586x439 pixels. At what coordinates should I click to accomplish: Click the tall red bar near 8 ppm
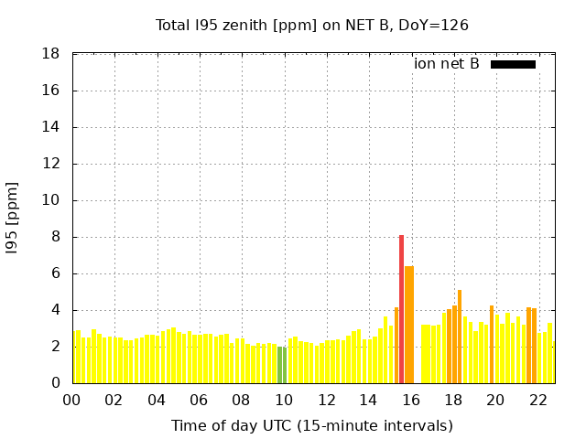click(x=401, y=309)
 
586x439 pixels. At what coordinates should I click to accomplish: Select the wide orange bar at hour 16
click(x=409, y=325)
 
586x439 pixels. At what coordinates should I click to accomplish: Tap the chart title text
click(x=311, y=26)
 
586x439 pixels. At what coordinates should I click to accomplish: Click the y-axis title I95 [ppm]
click(x=12, y=219)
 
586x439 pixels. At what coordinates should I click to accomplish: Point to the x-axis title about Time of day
click(x=312, y=425)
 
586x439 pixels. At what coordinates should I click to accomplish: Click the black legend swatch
click(x=513, y=65)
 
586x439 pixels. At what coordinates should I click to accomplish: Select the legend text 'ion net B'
click(x=446, y=64)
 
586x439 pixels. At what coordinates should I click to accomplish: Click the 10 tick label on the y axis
click(x=51, y=200)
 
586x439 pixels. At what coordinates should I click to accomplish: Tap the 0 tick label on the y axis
click(x=56, y=382)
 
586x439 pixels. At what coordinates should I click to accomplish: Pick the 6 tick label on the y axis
click(x=56, y=273)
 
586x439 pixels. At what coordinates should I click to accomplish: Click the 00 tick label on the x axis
click(x=71, y=401)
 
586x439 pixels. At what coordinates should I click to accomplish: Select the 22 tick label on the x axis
click(x=538, y=401)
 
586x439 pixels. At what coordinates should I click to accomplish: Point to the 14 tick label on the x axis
click(x=368, y=401)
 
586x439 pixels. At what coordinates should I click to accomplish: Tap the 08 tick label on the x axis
click(x=241, y=401)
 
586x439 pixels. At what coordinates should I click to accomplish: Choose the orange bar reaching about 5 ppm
click(x=460, y=337)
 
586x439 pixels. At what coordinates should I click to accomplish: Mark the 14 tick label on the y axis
click(x=51, y=127)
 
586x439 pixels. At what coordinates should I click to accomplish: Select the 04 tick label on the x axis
click(x=157, y=401)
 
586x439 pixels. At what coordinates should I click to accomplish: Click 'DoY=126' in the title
click(x=433, y=26)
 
